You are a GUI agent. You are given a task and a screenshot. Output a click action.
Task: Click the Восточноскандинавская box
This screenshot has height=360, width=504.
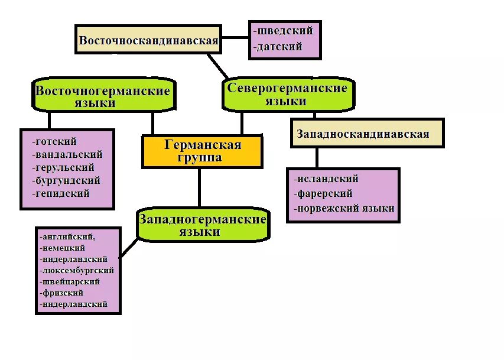coord(148,40)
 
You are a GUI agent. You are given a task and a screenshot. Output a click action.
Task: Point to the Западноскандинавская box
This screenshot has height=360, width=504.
coord(366,134)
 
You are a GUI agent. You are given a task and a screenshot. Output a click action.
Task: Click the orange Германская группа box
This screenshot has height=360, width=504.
coord(202,151)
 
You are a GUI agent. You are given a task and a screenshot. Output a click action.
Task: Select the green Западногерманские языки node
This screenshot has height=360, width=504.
coord(203,225)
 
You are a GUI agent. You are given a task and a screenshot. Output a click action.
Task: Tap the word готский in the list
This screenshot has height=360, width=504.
coord(56,142)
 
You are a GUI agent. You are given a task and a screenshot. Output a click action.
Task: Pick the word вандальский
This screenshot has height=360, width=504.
coord(69,155)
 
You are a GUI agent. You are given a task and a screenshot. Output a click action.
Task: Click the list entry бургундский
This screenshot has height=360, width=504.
coord(68,181)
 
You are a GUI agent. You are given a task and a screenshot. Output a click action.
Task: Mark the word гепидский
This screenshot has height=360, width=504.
coord(63,194)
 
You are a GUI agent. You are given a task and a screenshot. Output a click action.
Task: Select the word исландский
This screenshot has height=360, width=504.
coord(327,179)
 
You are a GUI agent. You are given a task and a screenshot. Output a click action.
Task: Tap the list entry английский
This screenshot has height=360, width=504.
coord(68,237)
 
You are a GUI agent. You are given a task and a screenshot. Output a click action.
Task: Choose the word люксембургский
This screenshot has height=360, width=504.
coord(77,271)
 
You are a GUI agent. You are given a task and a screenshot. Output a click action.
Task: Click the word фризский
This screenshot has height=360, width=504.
coord(63,293)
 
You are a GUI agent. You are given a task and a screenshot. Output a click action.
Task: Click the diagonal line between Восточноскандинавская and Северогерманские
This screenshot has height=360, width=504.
coord(218,66)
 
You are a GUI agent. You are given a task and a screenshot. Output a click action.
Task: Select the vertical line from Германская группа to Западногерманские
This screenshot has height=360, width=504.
coord(199,187)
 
